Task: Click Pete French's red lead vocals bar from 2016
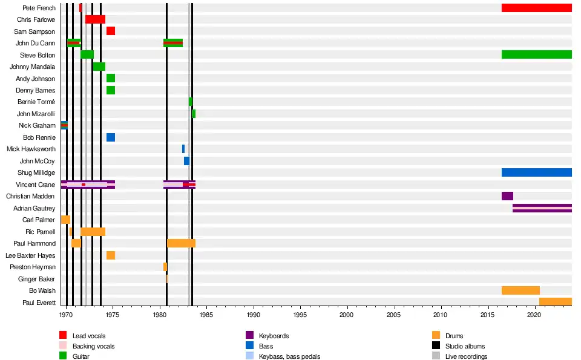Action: coord(536,8)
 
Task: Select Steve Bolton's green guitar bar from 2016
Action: coord(536,54)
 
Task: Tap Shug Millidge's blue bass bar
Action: coord(536,172)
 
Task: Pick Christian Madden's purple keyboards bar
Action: coord(507,196)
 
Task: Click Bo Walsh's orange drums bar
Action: coord(520,290)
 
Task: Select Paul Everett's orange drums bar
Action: coord(555,302)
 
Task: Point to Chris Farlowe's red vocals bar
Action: coord(95,19)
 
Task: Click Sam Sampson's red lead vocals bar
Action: coord(111,31)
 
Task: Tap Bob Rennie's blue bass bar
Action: coord(111,137)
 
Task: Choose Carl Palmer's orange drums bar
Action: coord(65,220)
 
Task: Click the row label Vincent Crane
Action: coord(38,185)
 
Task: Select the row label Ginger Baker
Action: coord(38,279)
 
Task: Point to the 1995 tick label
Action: coord(300,315)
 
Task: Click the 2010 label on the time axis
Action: coord(441,315)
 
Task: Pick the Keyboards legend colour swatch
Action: coord(249,336)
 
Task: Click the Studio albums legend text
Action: coord(465,346)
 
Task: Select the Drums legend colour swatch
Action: coord(436,336)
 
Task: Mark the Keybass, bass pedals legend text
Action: coord(289,356)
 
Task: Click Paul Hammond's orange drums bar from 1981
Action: coord(181,243)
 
